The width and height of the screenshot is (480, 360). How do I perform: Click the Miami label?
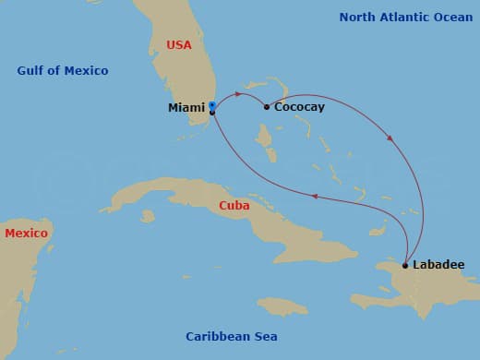(x=186, y=108)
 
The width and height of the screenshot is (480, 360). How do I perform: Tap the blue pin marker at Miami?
(x=212, y=105)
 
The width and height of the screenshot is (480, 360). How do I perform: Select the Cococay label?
(x=299, y=108)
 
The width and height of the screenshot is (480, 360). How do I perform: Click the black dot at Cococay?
(x=267, y=107)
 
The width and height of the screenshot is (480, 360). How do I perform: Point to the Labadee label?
(x=438, y=265)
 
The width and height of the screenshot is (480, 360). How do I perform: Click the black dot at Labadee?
(x=405, y=265)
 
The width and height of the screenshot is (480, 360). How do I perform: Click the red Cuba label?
(x=234, y=206)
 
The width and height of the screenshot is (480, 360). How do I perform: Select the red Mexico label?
(x=26, y=234)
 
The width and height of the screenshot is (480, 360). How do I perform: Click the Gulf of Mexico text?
(x=63, y=71)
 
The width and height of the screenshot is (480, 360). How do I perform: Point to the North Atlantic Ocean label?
(x=405, y=18)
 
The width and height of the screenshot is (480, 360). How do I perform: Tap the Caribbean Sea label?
(x=231, y=337)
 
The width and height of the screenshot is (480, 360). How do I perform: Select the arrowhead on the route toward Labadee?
(x=390, y=139)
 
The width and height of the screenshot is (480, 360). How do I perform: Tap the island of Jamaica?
(x=282, y=306)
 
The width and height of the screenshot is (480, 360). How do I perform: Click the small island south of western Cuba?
(x=148, y=216)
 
